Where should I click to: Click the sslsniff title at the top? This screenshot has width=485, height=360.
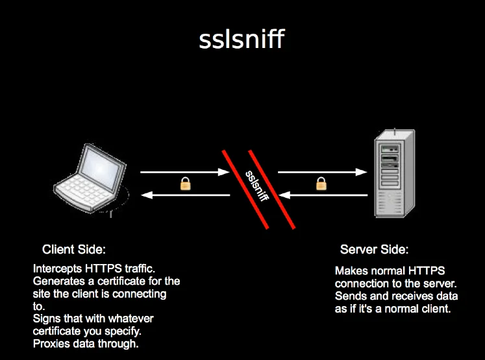pos(242,40)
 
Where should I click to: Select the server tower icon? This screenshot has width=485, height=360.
pos(392,176)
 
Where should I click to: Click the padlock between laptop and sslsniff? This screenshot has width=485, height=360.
pos(185,184)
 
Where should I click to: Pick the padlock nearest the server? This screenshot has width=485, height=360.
pos(321,184)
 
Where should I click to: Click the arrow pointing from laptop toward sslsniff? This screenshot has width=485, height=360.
pos(185,173)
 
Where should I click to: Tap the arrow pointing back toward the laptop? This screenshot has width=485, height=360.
pos(185,195)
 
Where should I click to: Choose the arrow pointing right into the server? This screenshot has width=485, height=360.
pos(321,173)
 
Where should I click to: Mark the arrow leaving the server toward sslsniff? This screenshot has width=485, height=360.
pos(321,195)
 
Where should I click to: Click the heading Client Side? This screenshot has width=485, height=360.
pos(73,250)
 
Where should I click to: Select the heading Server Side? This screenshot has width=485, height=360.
pos(375,250)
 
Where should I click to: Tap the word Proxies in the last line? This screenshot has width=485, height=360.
pos(50,343)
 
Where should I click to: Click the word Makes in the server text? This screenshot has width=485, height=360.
pos(349,270)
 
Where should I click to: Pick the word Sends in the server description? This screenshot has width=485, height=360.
pos(349,296)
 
